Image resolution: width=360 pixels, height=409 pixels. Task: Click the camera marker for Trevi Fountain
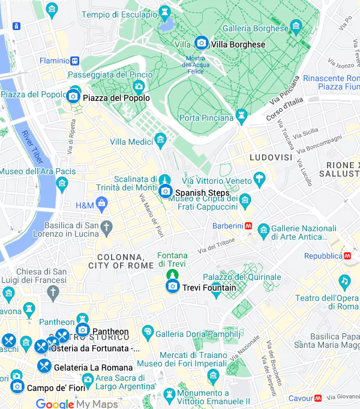click(x=173, y=287)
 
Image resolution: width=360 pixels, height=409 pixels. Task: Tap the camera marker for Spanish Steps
click(x=166, y=192)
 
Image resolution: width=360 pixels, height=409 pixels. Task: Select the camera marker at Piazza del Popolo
click(x=73, y=96)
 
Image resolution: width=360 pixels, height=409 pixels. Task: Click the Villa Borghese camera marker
click(x=202, y=43)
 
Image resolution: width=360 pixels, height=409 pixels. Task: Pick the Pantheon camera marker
click(x=83, y=330)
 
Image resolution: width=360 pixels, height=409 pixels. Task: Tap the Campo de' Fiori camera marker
click(x=17, y=387)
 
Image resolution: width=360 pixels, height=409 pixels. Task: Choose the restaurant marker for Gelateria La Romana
click(x=44, y=366)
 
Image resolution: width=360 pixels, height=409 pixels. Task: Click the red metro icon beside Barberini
click(x=248, y=226)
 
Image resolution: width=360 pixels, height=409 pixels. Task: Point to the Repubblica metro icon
click(x=347, y=255)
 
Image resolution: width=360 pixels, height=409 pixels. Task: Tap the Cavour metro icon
click(x=317, y=398)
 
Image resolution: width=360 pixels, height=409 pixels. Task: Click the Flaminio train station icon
click(x=74, y=61)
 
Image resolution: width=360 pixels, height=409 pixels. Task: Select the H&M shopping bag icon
click(x=102, y=205)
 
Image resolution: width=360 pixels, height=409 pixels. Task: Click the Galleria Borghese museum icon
click(x=295, y=26)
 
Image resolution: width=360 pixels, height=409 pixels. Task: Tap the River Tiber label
click(x=32, y=147)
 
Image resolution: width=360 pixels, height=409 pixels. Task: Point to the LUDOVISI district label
click(x=271, y=157)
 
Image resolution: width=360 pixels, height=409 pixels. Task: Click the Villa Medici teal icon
click(x=160, y=141)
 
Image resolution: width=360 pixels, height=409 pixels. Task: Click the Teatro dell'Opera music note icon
click(x=344, y=281)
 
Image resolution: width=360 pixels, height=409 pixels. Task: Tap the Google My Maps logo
click(x=76, y=404)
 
